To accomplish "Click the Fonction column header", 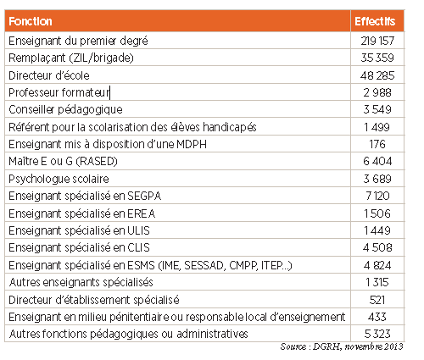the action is pos(31,21).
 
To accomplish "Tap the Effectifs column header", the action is pos(375,21).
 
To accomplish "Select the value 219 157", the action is pos(377,41).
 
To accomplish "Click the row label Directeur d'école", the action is pos(49,75).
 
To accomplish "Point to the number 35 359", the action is pos(377,58).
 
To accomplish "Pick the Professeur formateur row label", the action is pos(59,92).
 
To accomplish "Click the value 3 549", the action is pos(377,109).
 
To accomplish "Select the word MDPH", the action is pos(192,144).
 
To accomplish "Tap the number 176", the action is pos(377,144).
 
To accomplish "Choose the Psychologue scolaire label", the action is pos(59,179).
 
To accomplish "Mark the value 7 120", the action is pos(377,196).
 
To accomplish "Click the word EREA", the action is pos(142,213).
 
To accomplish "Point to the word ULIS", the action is pos(138,231).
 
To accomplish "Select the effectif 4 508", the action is pos(377,248).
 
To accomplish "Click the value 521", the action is pos(377,300).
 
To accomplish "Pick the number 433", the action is pos(377,317).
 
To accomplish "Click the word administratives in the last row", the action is pos(212,334).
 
